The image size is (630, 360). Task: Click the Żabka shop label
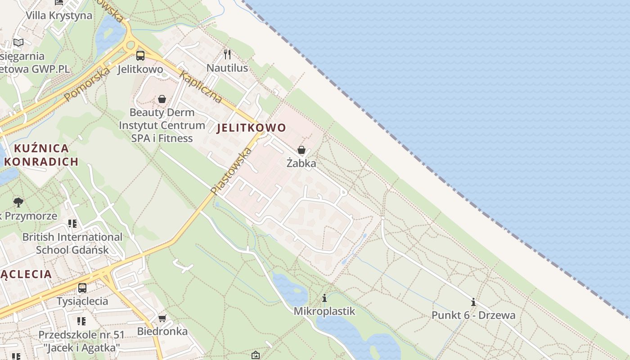click(301, 163)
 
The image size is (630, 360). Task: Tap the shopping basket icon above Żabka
click(301, 150)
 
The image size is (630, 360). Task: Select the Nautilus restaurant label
click(227, 68)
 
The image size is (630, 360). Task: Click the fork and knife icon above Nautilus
click(227, 54)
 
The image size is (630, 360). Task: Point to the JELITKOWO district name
click(251, 128)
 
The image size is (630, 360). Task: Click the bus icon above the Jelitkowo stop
click(140, 56)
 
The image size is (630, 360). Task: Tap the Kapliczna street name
click(200, 86)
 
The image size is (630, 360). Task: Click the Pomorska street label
click(87, 84)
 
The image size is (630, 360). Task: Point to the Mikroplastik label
click(324, 311)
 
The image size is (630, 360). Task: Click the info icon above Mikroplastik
click(324, 298)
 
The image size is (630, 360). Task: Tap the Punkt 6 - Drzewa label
click(473, 315)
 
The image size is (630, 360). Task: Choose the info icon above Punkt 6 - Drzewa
click(473, 302)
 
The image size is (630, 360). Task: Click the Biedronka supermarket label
click(162, 332)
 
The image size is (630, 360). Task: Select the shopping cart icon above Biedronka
click(162, 318)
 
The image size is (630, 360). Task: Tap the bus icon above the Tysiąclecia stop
click(82, 288)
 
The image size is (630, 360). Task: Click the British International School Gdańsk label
click(72, 243)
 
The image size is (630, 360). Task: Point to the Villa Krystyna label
click(58, 15)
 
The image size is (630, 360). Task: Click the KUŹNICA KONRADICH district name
click(43, 155)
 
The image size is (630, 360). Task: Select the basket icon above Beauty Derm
click(162, 99)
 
